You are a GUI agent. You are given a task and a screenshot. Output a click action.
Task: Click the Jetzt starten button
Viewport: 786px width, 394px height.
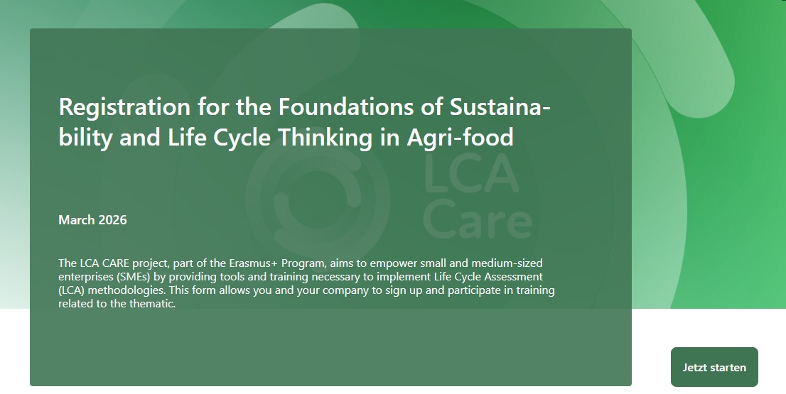pyautogui.click(x=714, y=367)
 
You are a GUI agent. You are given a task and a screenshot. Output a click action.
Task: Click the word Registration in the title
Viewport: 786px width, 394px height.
pyautogui.click(x=124, y=108)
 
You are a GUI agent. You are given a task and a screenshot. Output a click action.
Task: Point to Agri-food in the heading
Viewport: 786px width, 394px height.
pyautogui.click(x=461, y=138)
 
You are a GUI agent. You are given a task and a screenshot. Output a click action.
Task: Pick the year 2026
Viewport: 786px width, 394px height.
pyautogui.click(x=113, y=220)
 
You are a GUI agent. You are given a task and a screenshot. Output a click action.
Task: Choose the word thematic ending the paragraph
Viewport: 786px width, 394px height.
pyautogui.click(x=152, y=303)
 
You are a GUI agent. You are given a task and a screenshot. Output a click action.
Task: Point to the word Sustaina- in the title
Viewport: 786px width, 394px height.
pyautogui.click(x=500, y=106)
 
